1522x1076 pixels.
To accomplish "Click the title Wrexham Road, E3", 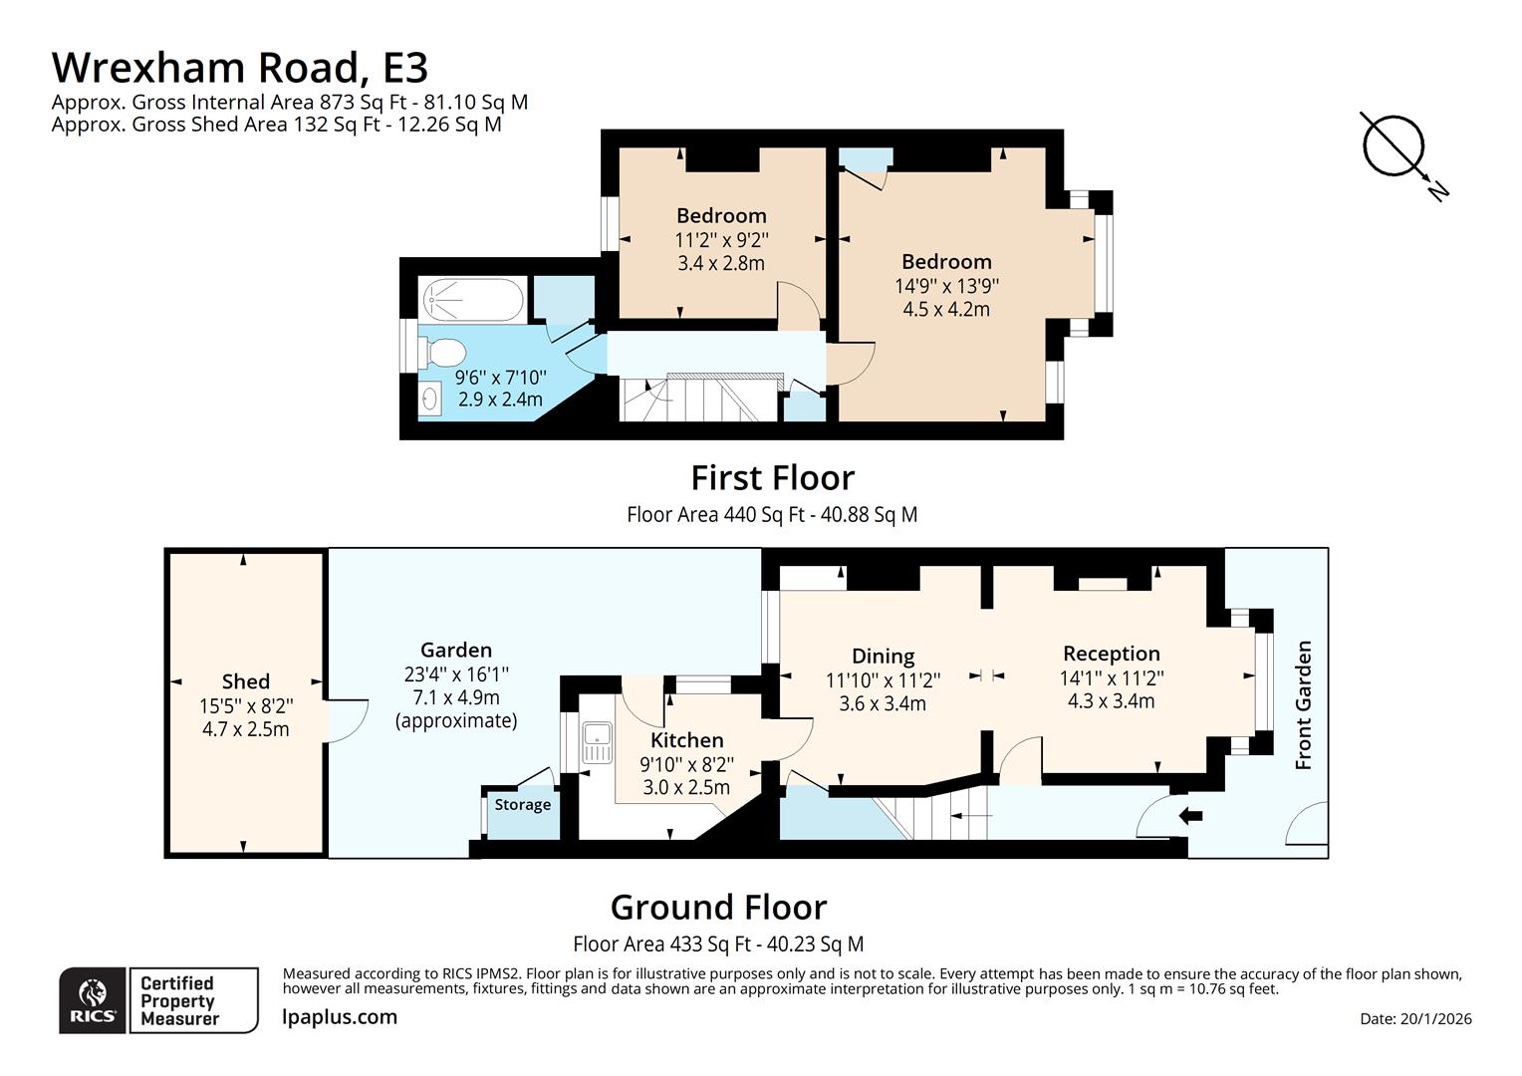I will point(239,68).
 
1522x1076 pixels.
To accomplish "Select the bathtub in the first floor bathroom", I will point(472,300).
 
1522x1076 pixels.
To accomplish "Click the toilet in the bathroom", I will point(443,352).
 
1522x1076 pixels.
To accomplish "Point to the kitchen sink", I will point(598,742).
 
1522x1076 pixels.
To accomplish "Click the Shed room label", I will point(246,681).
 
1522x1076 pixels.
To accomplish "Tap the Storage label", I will point(523,805).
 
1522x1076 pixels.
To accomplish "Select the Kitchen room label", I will point(687,740).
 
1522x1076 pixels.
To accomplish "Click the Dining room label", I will point(883,656).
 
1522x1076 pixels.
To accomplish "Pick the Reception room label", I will point(1112,654).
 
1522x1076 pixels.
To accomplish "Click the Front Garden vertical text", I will point(1303,704).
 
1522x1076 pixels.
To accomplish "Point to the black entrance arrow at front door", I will point(1190,817).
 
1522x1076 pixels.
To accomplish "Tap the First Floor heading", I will point(773,478).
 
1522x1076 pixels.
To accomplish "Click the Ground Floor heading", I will point(718,908).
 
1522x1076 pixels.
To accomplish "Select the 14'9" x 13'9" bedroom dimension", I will point(946,286).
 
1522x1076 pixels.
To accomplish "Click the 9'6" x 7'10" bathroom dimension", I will point(500,378).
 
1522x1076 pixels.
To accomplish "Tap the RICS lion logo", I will point(93,999).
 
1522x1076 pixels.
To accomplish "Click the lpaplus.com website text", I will point(340,1017).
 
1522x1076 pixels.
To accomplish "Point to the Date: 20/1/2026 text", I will point(1415,1018).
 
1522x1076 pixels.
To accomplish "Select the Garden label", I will point(456,651).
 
